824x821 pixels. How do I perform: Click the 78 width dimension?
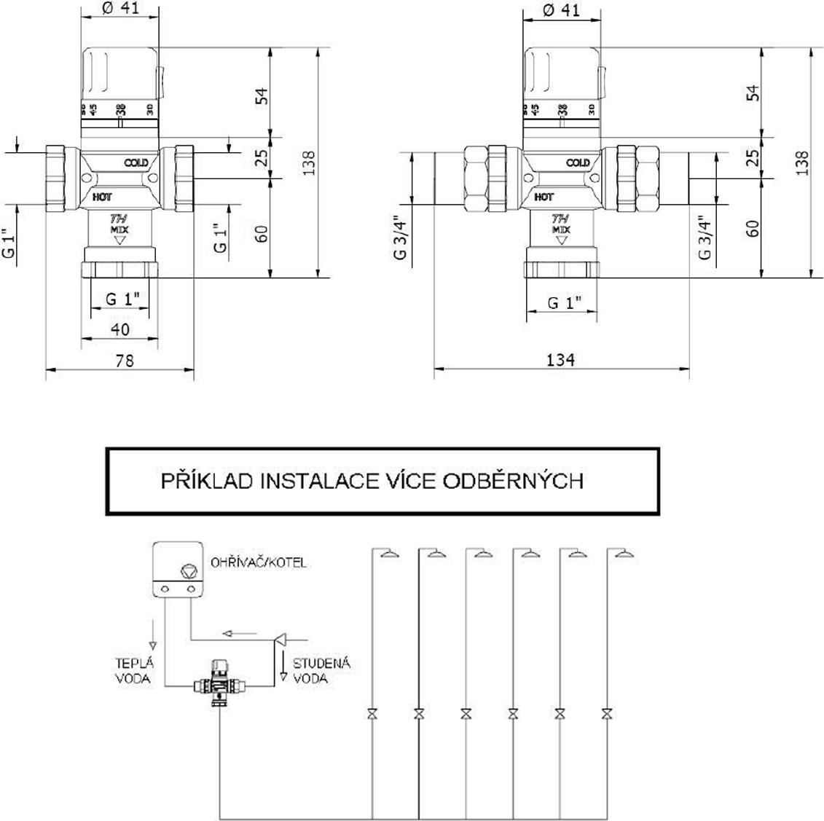pyautogui.click(x=125, y=360)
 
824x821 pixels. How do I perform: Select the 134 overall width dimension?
pyautogui.click(x=561, y=360)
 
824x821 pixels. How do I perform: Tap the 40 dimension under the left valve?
pyautogui.click(x=120, y=329)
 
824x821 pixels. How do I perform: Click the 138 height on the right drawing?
pyautogui.click(x=802, y=162)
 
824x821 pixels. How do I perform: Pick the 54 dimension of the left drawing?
pyautogui.click(x=262, y=95)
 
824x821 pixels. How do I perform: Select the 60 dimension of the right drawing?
pyautogui.click(x=753, y=228)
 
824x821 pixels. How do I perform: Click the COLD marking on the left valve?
pyautogui.click(x=136, y=162)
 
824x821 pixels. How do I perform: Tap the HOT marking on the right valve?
pyautogui.click(x=544, y=197)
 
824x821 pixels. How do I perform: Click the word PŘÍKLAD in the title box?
pyautogui.click(x=207, y=481)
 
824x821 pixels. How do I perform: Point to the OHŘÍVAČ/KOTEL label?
pyautogui.click(x=259, y=563)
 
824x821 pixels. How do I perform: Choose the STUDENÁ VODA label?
pyautogui.click(x=321, y=670)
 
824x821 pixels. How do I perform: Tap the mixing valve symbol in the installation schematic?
pyautogui.click(x=219, y=685)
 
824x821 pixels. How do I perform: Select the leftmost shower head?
pyautogui.click(x=391, y=554)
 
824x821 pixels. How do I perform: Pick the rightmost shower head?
pyautogui.click(x=624, y=554)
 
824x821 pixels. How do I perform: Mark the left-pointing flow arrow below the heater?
pyautogui.click(x=235, y=632)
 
